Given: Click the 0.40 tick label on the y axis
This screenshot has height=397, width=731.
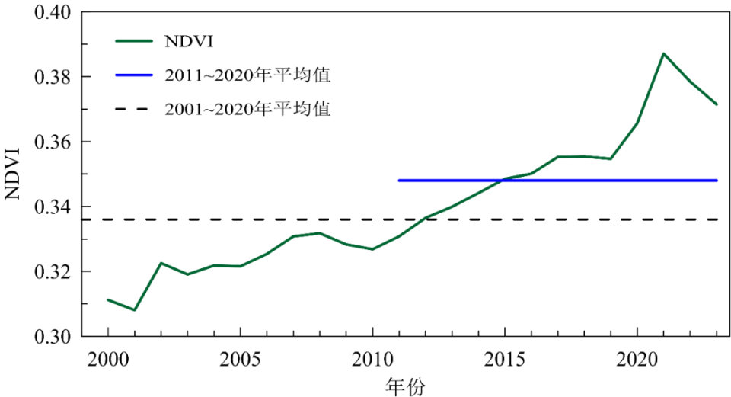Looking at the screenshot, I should pyautogui.click(x=51, y=13).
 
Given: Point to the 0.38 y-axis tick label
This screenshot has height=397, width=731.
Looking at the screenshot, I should pyautogui.click(x=51, y=78).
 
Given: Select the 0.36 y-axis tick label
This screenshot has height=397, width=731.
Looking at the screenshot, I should pyautogui.click(x=51, y=142).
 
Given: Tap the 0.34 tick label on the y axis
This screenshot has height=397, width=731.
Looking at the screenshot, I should pyautogui.click(x=51, y=207).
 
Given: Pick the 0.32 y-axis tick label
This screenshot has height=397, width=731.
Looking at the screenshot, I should pyautogui.click(x=51, y=272).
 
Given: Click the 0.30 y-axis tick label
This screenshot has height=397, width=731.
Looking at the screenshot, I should pyautogui.click(x=51, y=337).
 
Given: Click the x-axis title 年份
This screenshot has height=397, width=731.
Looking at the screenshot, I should pyautogui.click(x=406, y=386).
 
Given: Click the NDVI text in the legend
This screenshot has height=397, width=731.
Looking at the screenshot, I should pyautogui.click(x=187, y=40).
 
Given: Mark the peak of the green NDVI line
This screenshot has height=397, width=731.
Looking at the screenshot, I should pyautogui.click(x=663, y=53).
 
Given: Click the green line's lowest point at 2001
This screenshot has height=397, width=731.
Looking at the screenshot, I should pyautogui.click(x=135, y=310).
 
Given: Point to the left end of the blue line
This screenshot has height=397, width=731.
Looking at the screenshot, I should pyautogui.click(x=399, y=181).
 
